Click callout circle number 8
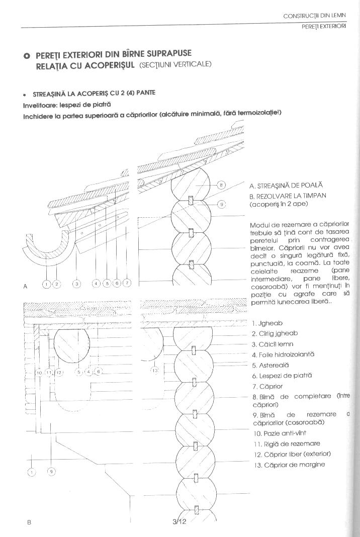click(222, 185)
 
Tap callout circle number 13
click(155, 371)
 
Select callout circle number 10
click(39, 373)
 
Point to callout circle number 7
click(127, 284)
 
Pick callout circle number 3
click(76, 284)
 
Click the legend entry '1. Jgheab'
click(265, 323)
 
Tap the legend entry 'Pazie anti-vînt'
click(280, 432)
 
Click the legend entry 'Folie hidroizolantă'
click(283, 354)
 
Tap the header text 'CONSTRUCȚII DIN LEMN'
click(315, 17)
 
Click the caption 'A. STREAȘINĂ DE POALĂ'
click(286, 186)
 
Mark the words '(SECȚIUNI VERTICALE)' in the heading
click(175, 65)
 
